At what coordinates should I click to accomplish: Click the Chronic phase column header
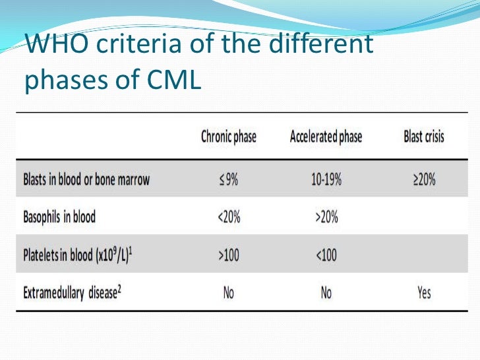[x=228, y=137]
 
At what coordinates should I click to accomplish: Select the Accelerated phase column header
[x=326, y=137]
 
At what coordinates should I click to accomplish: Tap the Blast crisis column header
[x=424, y=137]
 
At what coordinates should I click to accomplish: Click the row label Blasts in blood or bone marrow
[x=86, y=179]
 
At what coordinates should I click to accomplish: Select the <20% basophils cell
[x=228, y=217]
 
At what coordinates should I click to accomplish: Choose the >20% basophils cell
[x=326, y=217]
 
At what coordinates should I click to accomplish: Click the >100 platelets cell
[x=228, y=255]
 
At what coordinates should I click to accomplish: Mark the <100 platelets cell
[x=326, y=255]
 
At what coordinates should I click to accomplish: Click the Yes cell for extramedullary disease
[x=424, y=292]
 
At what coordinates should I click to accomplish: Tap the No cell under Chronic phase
[x=228, y=292]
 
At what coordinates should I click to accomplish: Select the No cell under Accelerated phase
[x=326, y=292]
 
